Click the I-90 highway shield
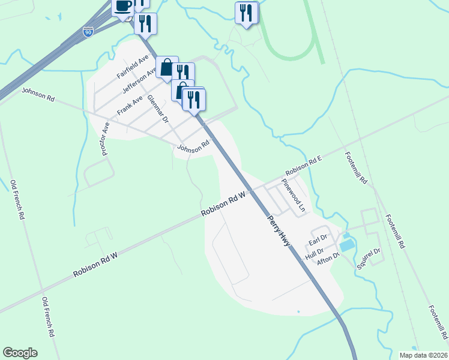click(88, 32)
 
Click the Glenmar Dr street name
click(158, 109)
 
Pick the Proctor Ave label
click(105, 139)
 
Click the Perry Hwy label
click(280, 230)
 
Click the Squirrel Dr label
click(370, 257)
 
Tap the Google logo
click(20, 353)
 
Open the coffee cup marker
click(123, 8)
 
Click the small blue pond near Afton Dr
click(346, 245)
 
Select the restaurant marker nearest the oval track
click(246, 13)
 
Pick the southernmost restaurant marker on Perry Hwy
click(194, 99)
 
